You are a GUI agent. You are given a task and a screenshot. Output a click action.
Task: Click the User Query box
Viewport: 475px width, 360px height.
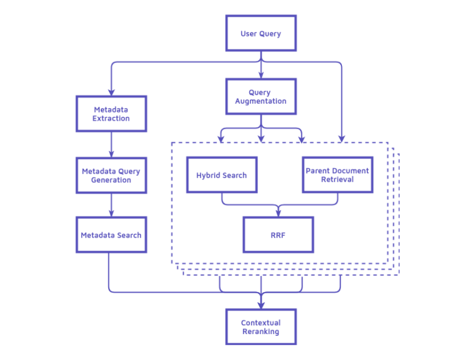pos(260,33)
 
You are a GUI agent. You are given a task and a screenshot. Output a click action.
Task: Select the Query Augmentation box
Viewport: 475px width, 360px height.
pos(260,96)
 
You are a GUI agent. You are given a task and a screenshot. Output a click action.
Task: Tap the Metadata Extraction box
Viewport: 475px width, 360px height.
pos(111,114)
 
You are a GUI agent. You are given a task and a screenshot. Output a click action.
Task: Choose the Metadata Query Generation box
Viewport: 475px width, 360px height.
pos(111,176)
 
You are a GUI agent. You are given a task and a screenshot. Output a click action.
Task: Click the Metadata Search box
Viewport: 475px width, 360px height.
pos(111,235)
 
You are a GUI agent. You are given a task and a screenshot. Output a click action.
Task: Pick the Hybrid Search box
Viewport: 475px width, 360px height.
pos(221,175)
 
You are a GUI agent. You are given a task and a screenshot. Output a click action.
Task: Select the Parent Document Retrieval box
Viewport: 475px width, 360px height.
pos(337,175)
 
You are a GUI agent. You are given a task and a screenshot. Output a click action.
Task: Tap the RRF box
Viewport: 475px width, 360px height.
pos(278,235)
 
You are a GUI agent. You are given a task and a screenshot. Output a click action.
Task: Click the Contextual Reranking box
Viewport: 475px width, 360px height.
pos(260,327)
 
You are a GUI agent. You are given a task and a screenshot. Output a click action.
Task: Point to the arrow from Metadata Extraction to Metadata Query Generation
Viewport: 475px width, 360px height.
pos(111,144)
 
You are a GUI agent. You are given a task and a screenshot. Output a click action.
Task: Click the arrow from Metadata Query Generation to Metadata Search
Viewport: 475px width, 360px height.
pos(111,205)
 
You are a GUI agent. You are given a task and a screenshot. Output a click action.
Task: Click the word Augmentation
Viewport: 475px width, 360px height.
pos(260,101)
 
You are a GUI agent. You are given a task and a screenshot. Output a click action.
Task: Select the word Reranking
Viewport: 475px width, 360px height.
pos(260,332)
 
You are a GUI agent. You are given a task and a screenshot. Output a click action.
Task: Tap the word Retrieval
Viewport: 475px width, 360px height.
pos(337,179)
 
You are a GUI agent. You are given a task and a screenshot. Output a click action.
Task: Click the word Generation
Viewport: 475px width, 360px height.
pos(111,180)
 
